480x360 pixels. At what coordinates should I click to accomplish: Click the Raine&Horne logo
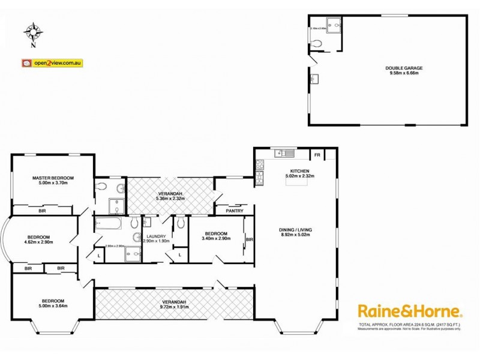point(410,311)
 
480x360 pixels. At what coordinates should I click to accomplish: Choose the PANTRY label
point(234,211)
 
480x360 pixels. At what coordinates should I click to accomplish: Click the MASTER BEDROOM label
point(53,178)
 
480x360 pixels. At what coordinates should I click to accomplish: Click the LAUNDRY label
point(155,237)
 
